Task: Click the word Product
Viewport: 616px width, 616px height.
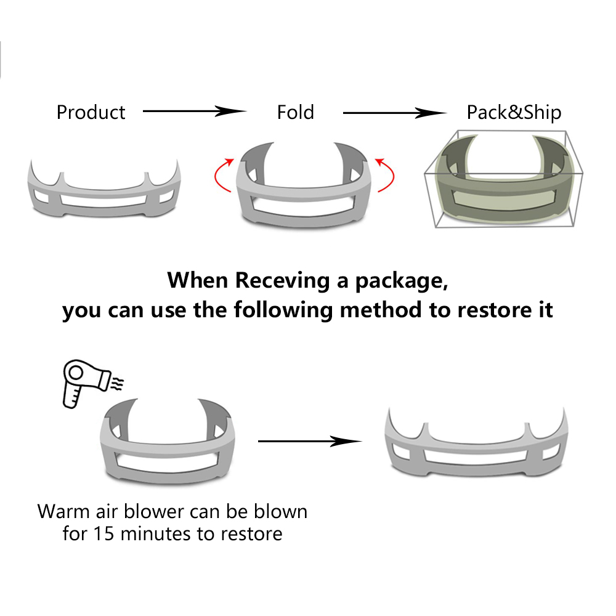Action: tap(91, 113)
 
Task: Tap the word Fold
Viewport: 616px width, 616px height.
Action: tap(296, 113)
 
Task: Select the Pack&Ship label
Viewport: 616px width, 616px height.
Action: tap(514, 113)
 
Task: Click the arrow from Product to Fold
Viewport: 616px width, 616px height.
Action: tap(194, 111)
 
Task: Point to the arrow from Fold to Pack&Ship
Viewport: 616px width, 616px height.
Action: tap(394, 113)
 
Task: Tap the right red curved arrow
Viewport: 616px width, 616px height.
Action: tap(386, 175)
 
